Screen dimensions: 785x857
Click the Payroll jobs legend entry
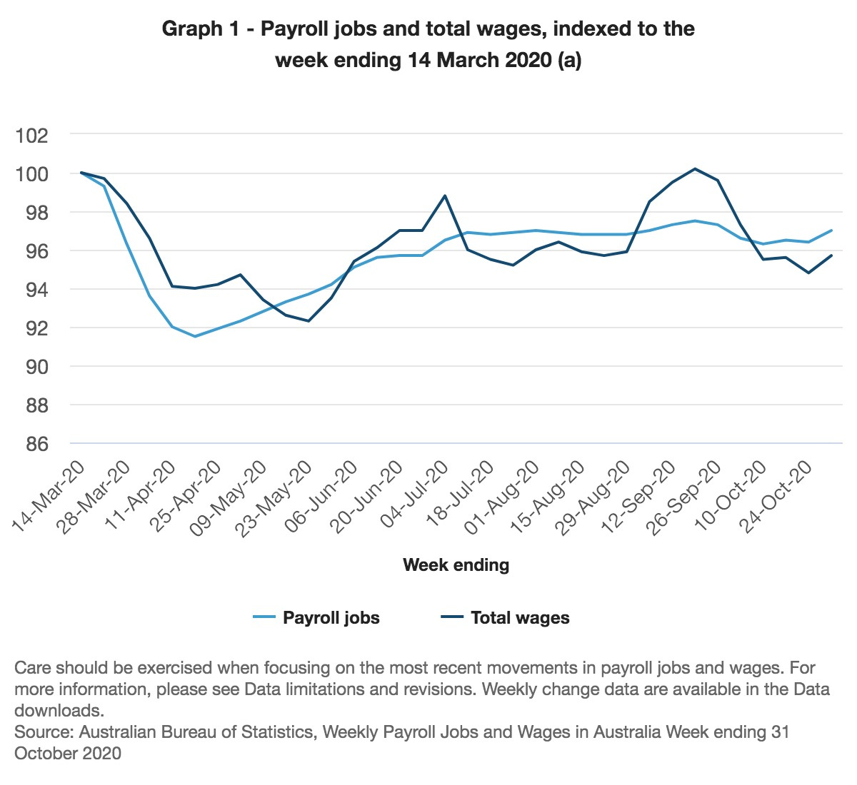(x=331, y=618)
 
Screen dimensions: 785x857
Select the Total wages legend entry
(x=519, y=618)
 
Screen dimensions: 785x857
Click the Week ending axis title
(x=456, y=565)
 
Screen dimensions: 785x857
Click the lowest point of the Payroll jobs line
(x=195, y=336)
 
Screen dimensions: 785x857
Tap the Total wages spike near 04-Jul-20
(x=445, y=196)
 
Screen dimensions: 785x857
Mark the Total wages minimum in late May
(x=309, y=321)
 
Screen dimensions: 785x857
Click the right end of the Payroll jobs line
(x=831, y=231)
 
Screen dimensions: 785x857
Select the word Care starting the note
(x=33, y=668)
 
